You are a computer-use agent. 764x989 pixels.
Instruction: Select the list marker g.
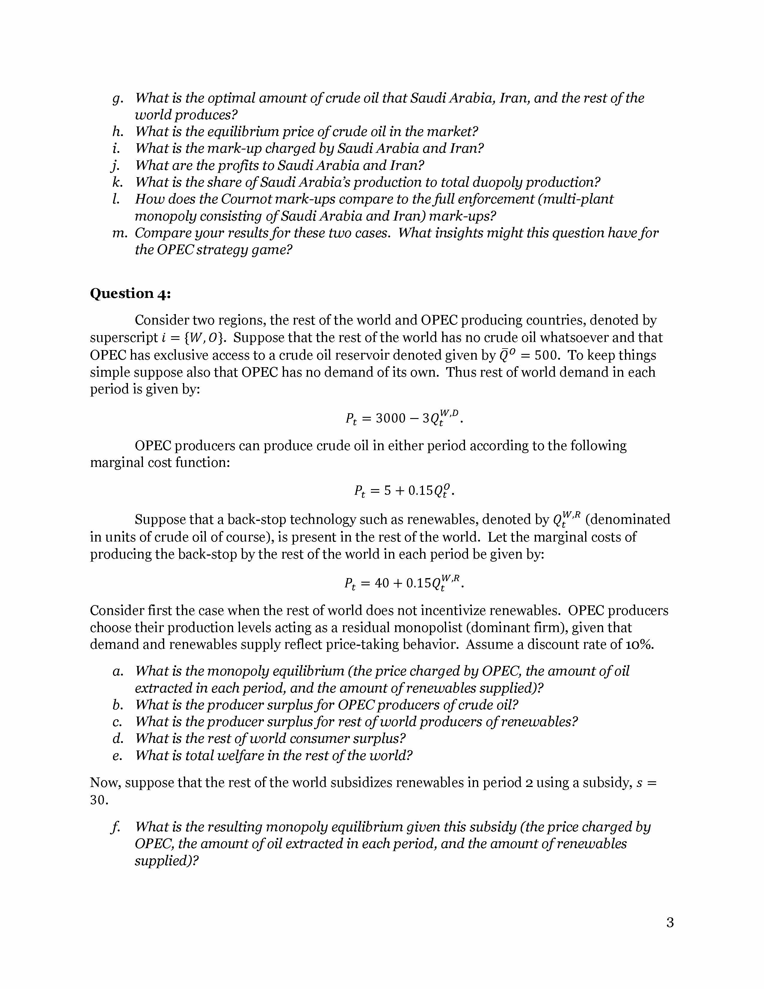click(x=117, y=98)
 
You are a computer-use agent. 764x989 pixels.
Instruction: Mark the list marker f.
click(x=115, y=827)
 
